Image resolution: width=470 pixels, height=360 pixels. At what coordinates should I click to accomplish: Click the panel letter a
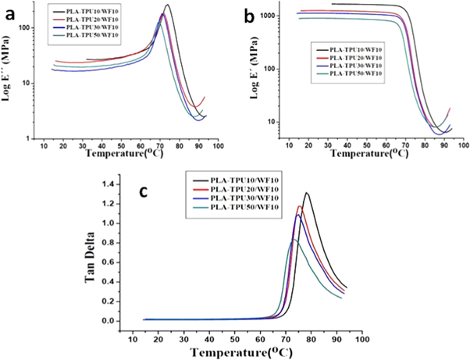point(12,15)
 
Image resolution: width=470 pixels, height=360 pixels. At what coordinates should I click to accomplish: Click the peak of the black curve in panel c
point(306,192)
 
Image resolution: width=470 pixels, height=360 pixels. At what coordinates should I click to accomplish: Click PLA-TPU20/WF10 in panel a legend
point(94,20)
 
